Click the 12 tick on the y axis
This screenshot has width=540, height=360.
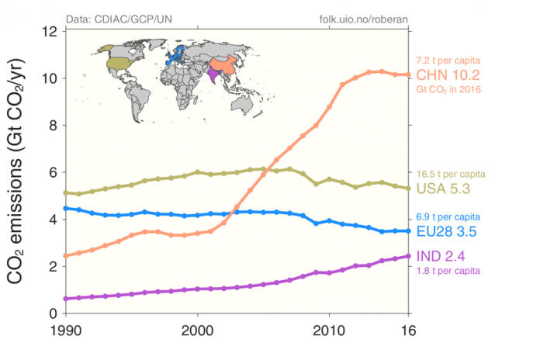point(50,32)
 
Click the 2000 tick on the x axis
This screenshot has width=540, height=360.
point(197,330)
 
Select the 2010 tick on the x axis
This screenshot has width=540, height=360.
point(329,330)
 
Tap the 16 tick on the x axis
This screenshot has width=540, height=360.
point(408,330)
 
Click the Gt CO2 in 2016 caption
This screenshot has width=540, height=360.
point(449,90)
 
